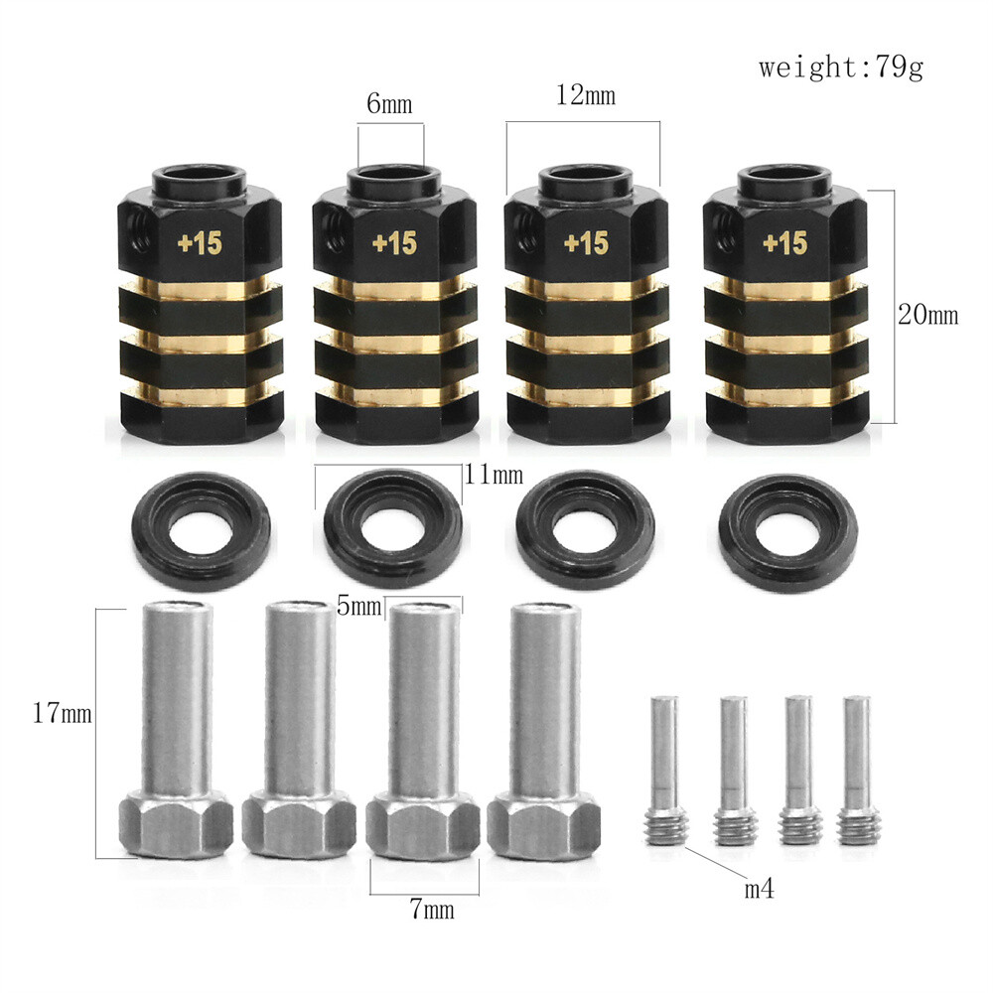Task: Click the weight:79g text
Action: pos(841,69)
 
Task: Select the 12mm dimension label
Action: pos(587,96)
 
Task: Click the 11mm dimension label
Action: pos(494,476)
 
